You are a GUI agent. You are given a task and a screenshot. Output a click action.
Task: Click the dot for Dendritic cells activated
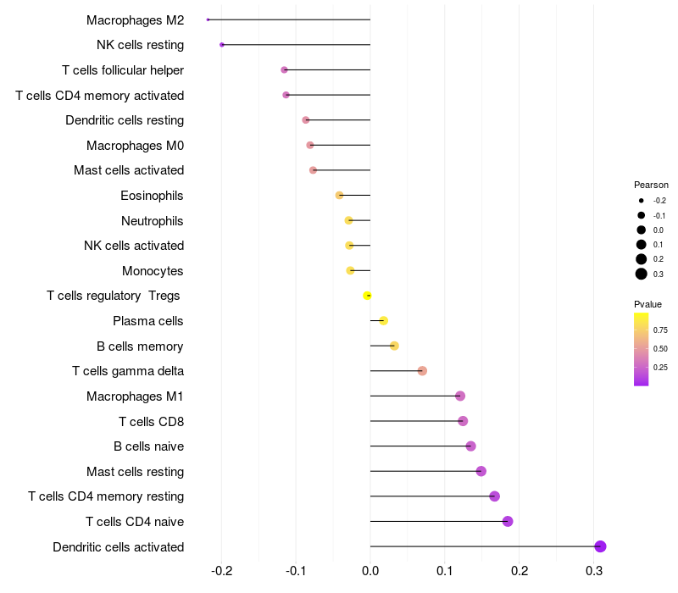point(600,546)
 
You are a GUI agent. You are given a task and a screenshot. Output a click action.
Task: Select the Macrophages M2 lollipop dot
point(208,19)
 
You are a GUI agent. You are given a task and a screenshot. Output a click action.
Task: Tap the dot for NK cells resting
point(222,45)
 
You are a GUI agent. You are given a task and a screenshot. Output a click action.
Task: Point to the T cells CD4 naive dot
point(508,521)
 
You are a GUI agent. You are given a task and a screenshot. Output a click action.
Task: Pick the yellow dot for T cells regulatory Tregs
point(367,296)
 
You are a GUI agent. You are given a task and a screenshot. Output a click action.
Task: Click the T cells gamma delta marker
point(422,371)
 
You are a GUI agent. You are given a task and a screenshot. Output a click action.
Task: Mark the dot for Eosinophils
point(340,196)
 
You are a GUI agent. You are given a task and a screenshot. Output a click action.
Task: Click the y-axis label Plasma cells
point(148,321)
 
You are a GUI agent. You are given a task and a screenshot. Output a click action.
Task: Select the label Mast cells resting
point(136,471)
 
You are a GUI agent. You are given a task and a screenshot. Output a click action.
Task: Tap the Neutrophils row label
point(153,221)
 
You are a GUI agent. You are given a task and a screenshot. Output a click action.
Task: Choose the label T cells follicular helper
point(123,70)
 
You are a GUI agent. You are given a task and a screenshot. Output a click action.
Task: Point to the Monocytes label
point(153,271)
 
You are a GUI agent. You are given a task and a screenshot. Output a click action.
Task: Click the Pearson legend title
point(651,185)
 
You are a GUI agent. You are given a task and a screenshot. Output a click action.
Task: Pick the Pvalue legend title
point(647,304)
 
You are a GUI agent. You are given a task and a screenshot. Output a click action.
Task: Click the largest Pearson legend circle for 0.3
point(642,274)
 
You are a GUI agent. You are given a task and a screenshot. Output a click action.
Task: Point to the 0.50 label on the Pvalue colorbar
point(660,348)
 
